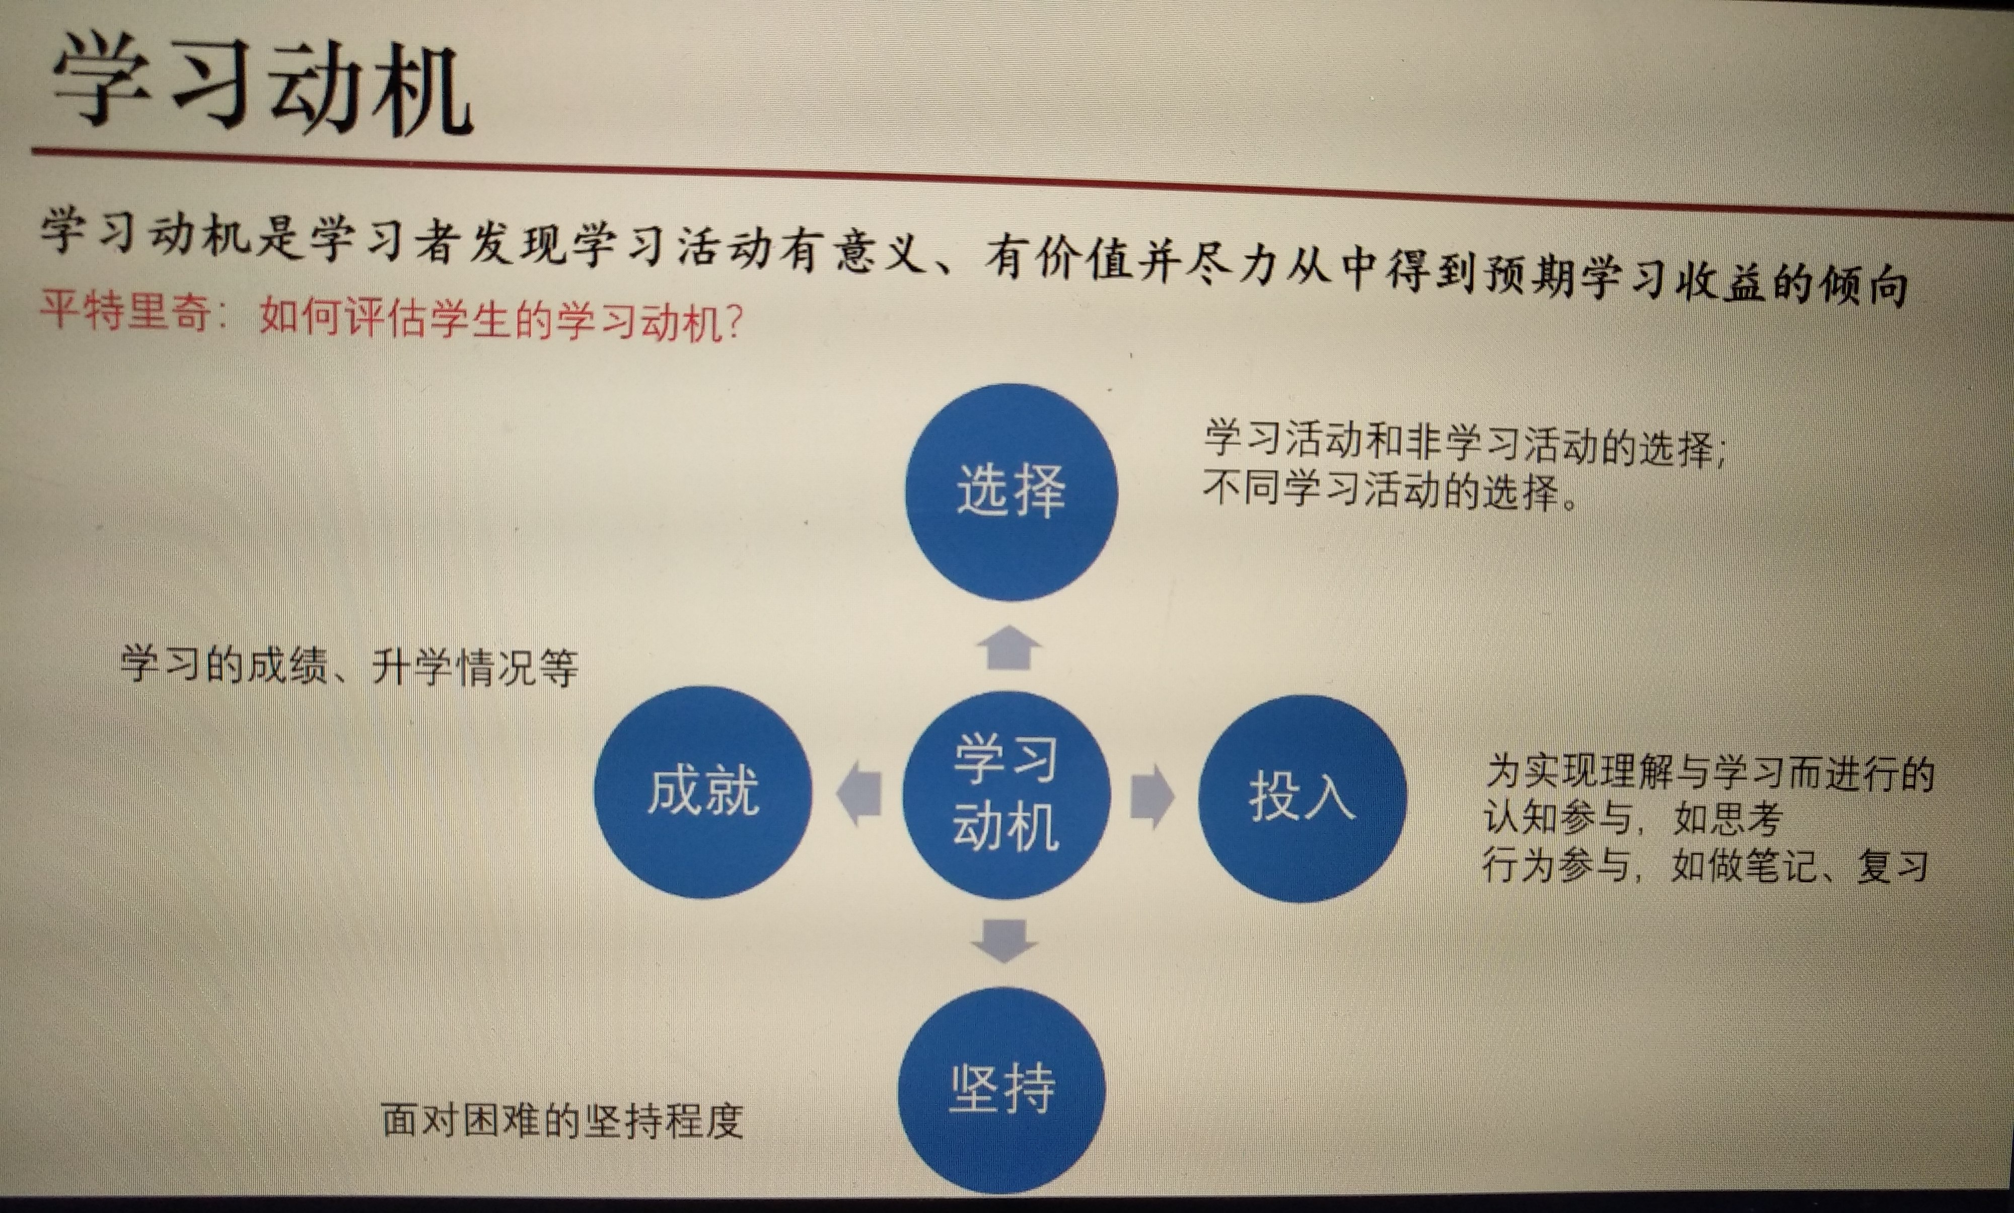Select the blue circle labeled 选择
coord(1011,492)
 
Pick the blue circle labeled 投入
coord(1302,799)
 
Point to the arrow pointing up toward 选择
coord(1010,648)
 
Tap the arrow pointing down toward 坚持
coord(1004,941)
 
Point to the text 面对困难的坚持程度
coord(562,1120)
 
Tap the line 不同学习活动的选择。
coord(1391,492)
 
